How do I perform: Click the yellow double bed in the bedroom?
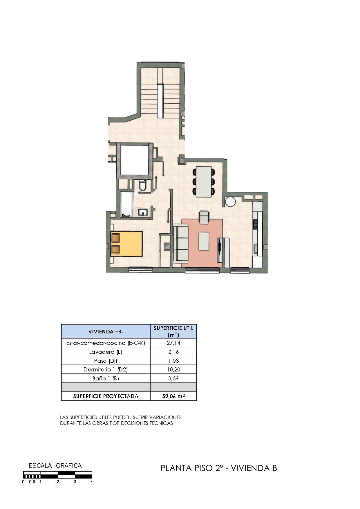tap(126, 244)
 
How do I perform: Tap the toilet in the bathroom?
tap(143, 185)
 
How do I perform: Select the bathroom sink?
tap(143, 212)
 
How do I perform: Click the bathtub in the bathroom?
tap(127, 204)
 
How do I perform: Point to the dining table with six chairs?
tap(204, 182)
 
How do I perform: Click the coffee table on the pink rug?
tap(204, 241)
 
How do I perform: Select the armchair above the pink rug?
tap(204, 217)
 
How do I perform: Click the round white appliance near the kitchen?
tap(230, 202)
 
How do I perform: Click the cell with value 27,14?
tap(173, 343)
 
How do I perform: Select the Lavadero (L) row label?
tap(106, 352)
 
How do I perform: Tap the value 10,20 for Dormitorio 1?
tap(173, 369)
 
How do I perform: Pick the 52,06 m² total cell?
tap(173, 396)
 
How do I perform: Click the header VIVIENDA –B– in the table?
tap(106, 331)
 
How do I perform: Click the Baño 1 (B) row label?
tap(106, 378)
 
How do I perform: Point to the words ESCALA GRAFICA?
tap(55, 465)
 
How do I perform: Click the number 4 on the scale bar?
tap(92, 482)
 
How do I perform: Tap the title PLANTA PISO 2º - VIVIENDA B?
tap(219, 468)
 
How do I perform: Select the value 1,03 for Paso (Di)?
tap(173, 361)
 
